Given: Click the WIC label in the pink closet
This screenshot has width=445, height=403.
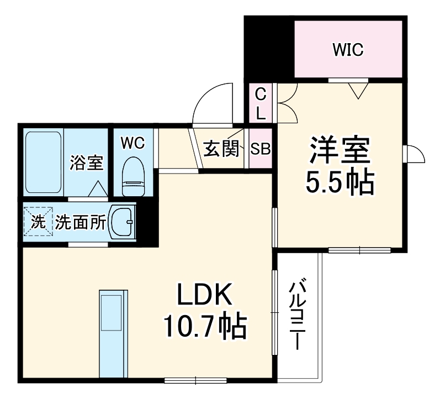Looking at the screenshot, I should [x=348, y=50].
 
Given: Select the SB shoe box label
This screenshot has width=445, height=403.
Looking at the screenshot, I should [x=260, y=149].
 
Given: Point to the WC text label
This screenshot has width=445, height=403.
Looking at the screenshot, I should [x=133, y=143].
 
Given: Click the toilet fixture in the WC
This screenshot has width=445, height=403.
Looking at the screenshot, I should [x=133, y=176].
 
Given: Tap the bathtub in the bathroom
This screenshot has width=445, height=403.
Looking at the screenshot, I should [x=43, y=163].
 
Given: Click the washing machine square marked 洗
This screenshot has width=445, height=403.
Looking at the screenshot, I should [x=38, y=222].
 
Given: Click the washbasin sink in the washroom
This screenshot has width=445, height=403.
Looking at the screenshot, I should [x=123, y=222].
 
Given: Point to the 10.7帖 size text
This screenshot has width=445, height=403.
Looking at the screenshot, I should [x=204, y=327].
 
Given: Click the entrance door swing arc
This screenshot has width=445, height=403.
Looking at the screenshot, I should [x=213, y=102].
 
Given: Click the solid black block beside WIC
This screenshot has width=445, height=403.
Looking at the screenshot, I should [x=269, y=47].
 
